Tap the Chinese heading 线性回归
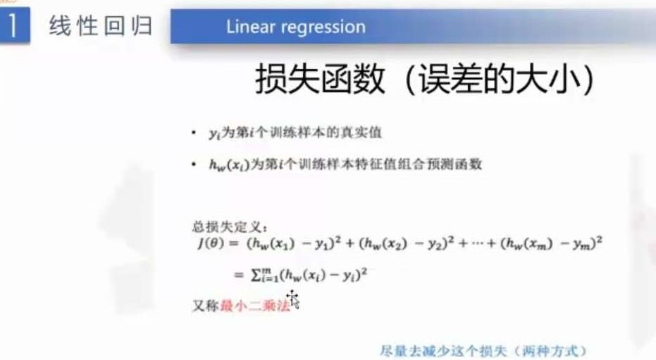(101, 26)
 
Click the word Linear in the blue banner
(251, 27)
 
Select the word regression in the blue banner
(323, 27)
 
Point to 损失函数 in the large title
(320, 79)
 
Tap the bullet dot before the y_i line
(193, 132)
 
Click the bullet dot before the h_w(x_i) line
(193, 164)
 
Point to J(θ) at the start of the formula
(211, 243)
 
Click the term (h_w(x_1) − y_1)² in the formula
(294, 243)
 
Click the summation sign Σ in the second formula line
(256, 275)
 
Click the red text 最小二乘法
(255, 306)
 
